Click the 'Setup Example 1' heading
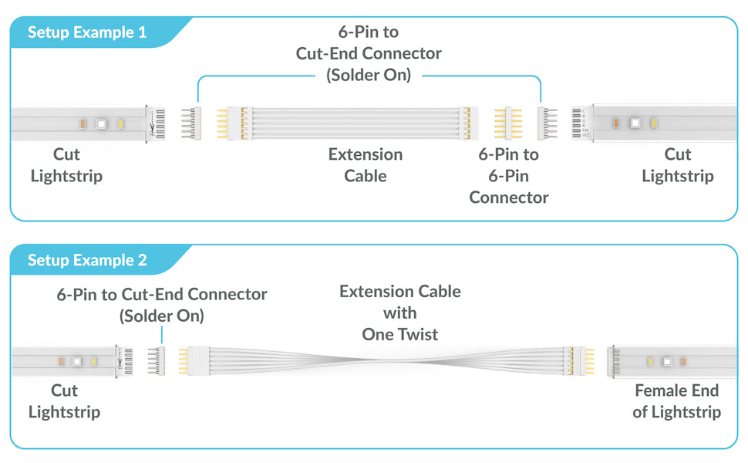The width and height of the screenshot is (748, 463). tap(87, 32)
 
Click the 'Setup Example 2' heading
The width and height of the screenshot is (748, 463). tap(87, 260)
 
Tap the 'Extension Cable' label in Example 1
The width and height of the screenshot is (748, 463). tap(366, 165)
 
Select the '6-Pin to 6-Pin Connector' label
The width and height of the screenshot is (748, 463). tap(508, 176)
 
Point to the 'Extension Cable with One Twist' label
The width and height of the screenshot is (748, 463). tap(399, 313)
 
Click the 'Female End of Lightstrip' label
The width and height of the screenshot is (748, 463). tap(676, 401)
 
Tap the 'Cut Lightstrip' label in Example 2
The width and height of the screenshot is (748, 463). tap(65, 401)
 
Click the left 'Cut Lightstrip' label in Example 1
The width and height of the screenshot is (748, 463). tap(66, 165)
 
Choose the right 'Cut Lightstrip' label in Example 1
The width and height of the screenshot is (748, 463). tap(677, 165)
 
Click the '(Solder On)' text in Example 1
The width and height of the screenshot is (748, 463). tap(369, 75)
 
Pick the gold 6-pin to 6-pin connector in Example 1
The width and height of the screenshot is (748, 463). tap(508, 123)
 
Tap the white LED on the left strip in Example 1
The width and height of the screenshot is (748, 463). tap(101, 124)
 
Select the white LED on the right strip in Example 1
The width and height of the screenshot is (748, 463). tap(635, 123)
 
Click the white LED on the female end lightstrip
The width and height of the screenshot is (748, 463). tap(667, 362)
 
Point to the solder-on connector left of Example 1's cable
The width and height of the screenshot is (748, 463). tap(191, 123)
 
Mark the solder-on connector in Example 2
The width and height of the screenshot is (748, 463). tap(157, 361)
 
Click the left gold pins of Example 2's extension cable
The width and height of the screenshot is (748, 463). tap(184, 361)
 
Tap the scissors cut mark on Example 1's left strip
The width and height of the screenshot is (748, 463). tap(152, 128)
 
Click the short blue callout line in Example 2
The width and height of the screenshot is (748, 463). tap(162, 335)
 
